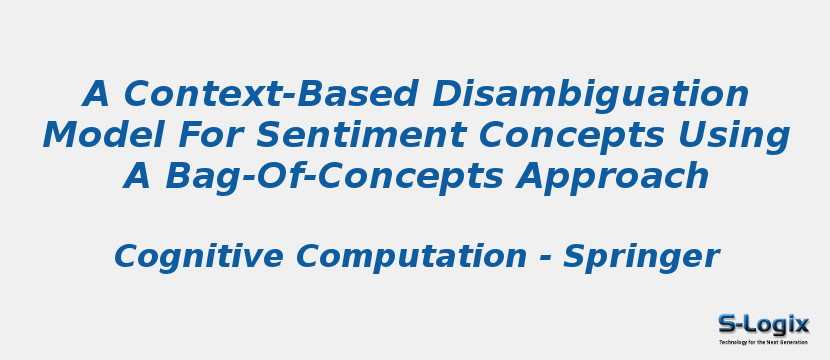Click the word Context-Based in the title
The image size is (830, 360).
272,95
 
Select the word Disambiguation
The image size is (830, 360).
591,95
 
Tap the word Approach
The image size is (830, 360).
612,176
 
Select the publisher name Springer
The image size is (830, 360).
641,257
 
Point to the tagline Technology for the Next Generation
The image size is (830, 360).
763,342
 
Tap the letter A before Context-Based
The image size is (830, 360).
97,95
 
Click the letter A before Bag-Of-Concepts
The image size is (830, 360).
138,176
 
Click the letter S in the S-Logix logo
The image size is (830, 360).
727,324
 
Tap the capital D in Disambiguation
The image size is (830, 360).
448,95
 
